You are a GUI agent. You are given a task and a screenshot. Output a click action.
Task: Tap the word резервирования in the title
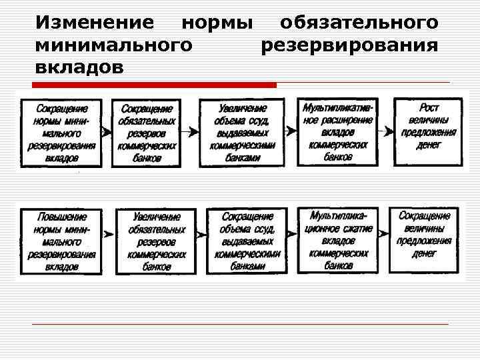coord(349,46)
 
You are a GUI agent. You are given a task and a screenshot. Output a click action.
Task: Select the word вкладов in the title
coord(79,69)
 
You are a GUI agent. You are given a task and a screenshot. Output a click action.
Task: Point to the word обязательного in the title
coord(359,23)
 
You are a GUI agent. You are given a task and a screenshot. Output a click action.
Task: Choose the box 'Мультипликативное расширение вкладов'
coord(338,131)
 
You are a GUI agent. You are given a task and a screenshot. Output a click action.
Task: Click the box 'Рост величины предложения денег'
coord(428,131)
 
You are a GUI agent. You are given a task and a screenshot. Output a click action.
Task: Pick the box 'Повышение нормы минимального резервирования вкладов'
coord(61,241)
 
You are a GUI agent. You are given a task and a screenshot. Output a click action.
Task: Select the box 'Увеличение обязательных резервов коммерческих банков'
coord(156,241)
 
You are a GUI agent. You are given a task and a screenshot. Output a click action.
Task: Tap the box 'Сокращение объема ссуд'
coord(247,241)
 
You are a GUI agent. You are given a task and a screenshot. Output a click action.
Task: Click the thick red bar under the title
coord(154,85)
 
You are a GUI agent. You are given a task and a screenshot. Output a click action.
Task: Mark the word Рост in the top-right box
coord(429,107)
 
